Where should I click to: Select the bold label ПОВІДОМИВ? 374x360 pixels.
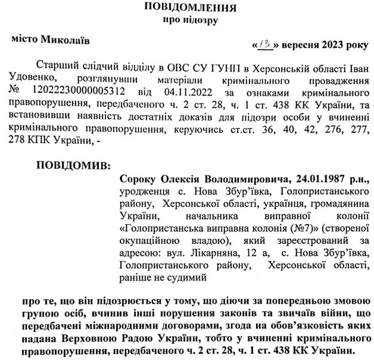point(74,164)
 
